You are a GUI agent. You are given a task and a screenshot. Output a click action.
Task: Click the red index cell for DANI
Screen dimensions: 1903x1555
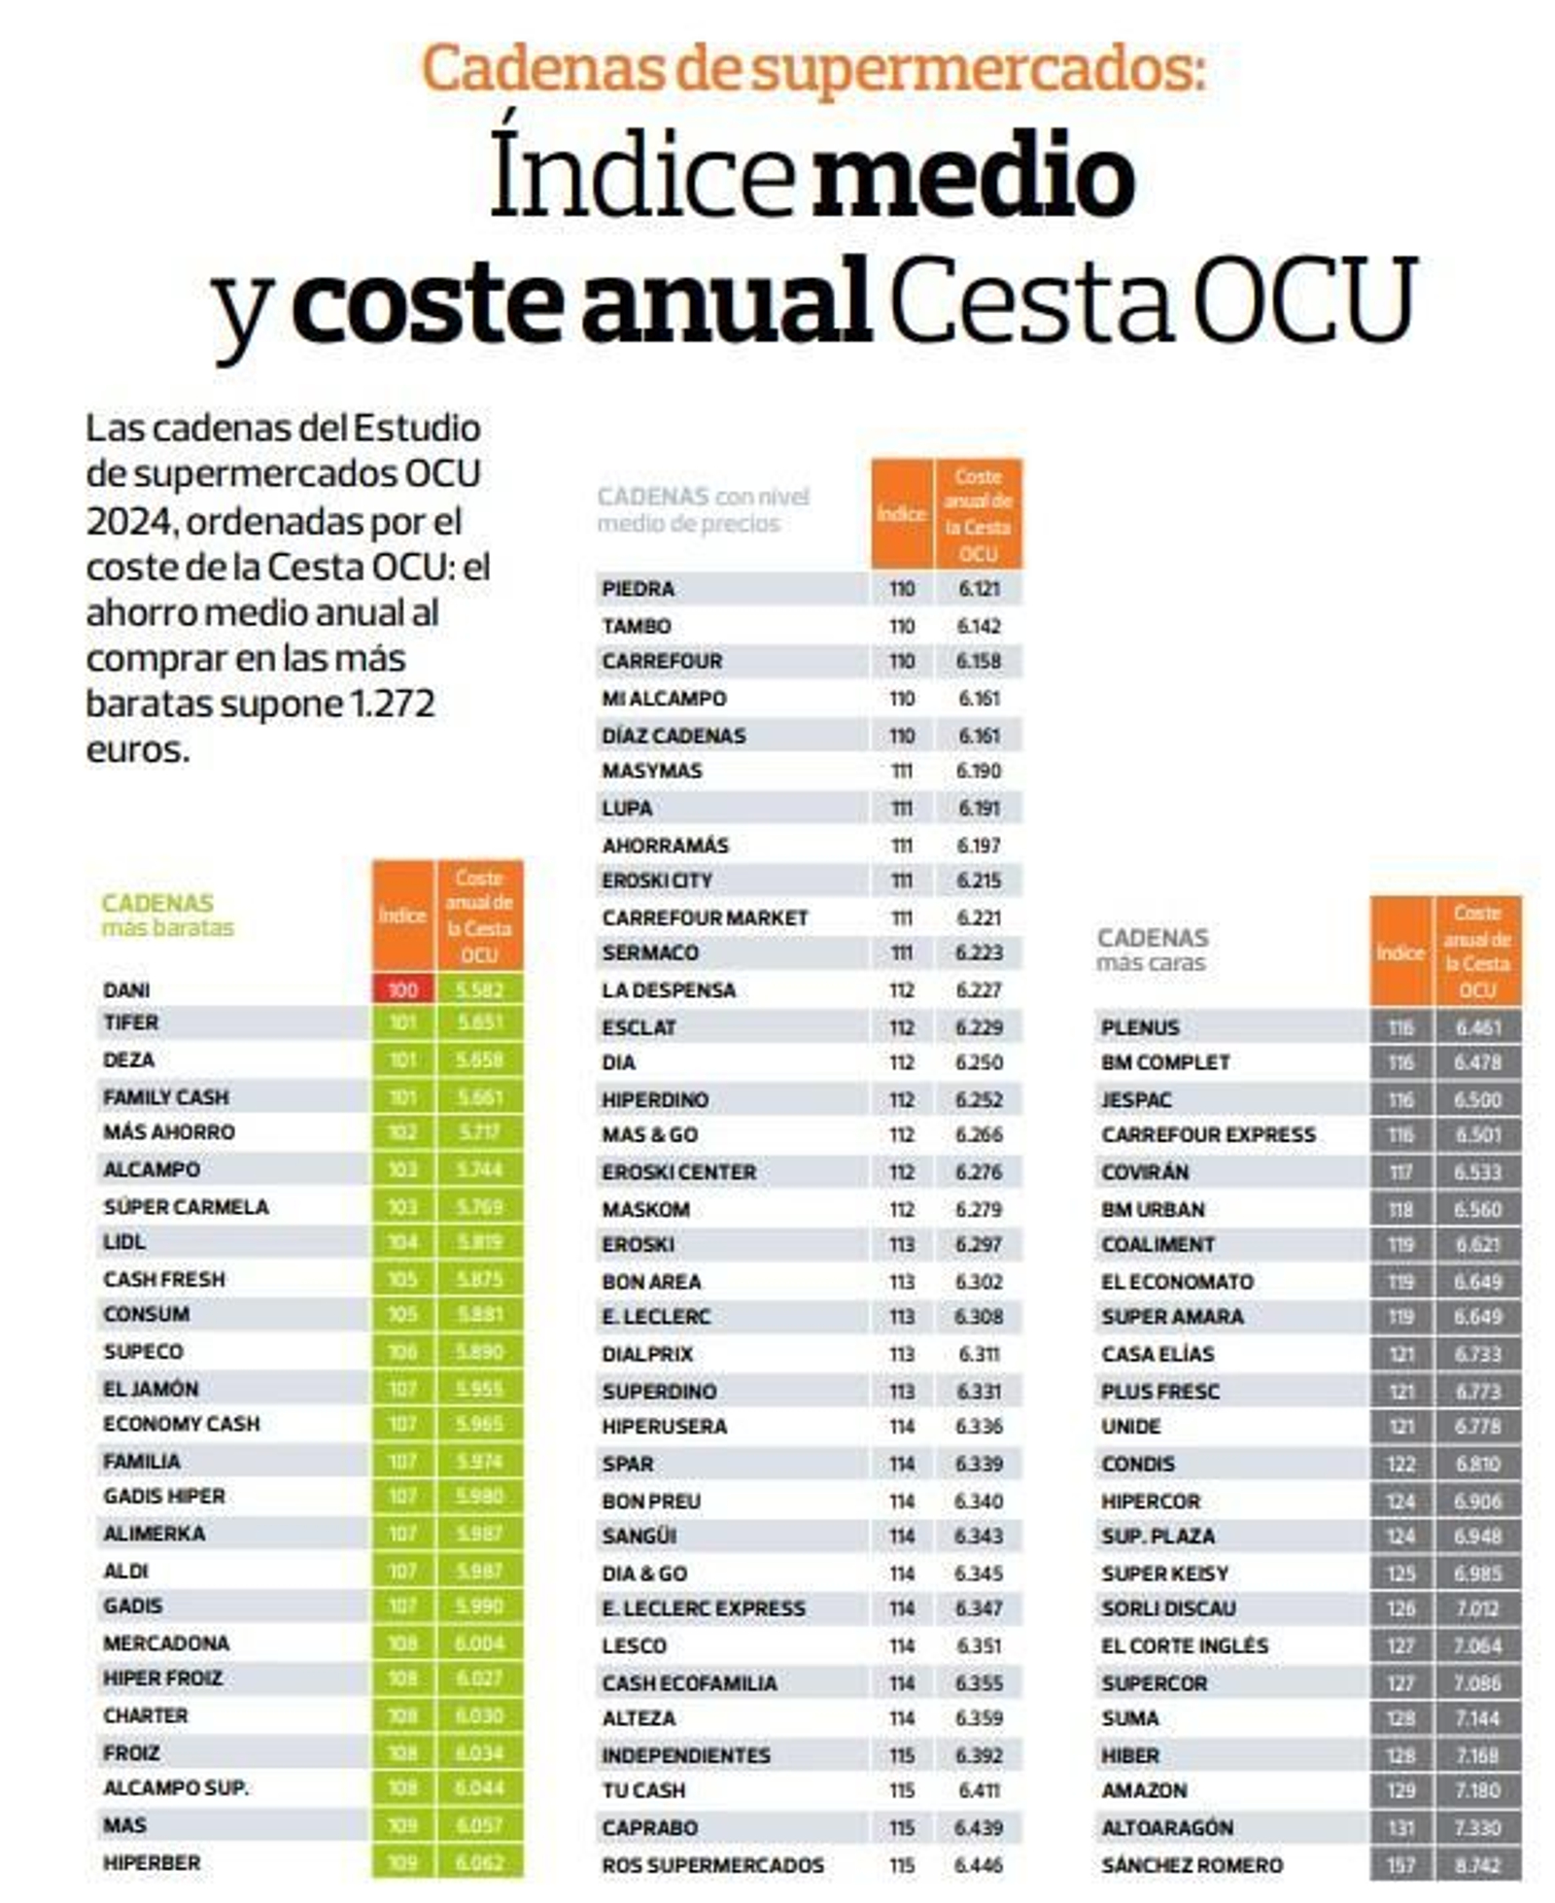401,989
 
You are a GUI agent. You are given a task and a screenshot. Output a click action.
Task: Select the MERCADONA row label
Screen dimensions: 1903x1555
166,1643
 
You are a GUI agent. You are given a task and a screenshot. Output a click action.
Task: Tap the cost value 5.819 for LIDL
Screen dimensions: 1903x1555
479,1241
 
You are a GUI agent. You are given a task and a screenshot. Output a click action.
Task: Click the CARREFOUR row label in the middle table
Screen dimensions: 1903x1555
662,661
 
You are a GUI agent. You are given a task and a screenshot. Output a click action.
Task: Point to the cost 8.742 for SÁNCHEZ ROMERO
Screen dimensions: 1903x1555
1477,1864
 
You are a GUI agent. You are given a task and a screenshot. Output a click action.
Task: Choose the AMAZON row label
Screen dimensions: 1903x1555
1144,1789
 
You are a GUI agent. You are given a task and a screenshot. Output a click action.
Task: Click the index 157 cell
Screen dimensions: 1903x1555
1400,1864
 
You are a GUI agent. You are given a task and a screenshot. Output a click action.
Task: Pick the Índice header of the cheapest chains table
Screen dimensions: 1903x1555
401,915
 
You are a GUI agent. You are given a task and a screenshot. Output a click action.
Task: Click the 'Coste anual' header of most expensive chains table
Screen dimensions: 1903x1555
1477,951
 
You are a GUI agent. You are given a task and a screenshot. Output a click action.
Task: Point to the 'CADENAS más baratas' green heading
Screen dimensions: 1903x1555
167,915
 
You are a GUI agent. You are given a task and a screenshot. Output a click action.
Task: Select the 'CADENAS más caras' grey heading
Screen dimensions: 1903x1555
1152,950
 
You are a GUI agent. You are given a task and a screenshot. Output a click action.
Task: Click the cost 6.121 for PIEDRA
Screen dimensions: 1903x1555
978,588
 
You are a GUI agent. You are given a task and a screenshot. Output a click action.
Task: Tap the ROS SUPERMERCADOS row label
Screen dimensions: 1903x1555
712,1864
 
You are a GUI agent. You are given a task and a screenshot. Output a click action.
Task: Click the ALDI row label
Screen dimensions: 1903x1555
126,1570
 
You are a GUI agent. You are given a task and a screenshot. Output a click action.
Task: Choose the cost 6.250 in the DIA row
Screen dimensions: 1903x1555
978,1062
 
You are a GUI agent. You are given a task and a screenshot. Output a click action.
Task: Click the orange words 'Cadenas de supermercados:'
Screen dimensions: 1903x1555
812,68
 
